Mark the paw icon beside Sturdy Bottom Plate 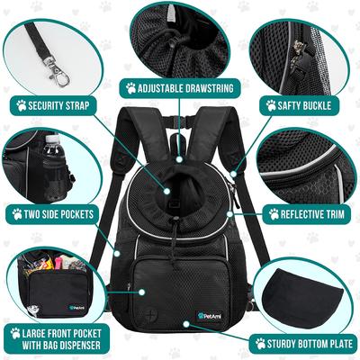[260, 343]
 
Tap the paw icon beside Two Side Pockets [16, 214]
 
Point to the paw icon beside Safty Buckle [270, 103]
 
